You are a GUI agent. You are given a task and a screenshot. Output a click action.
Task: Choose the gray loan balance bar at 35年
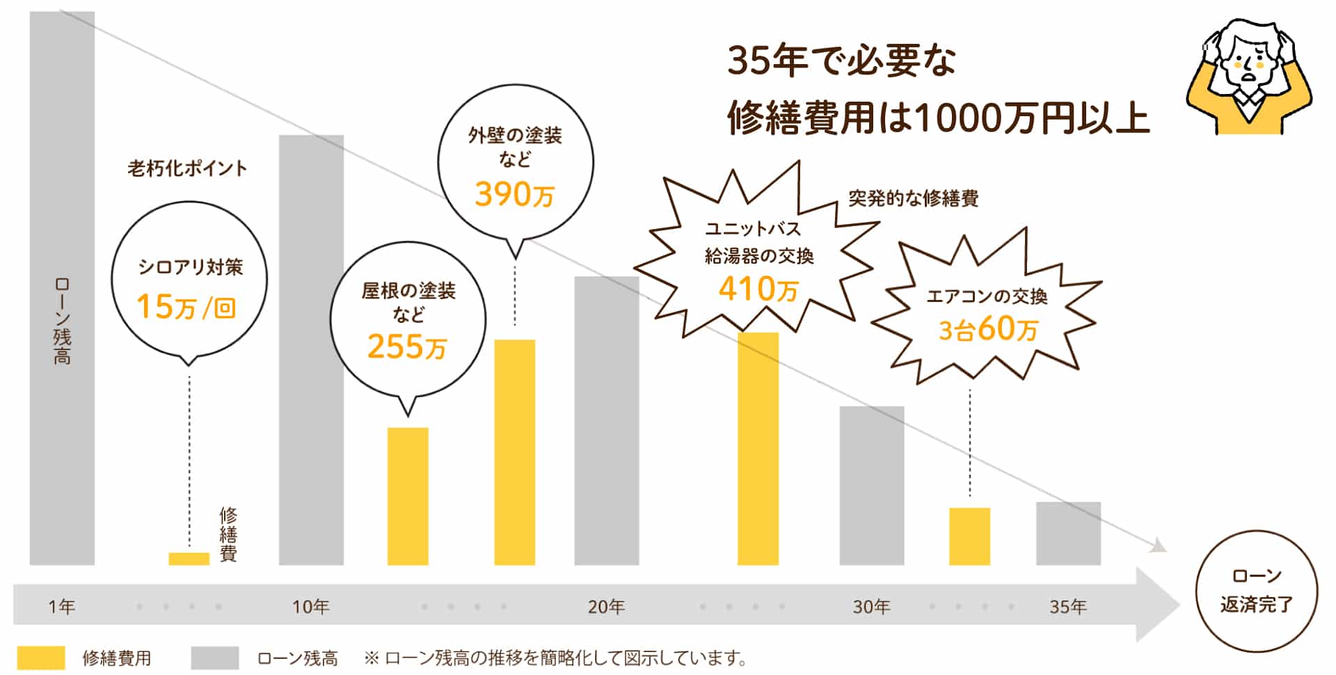(x=1068, y=533)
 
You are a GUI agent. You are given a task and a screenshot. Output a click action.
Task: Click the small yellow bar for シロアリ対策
(x=189, y=558)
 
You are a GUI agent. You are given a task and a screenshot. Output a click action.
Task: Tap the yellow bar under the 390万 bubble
(x=514, y=452)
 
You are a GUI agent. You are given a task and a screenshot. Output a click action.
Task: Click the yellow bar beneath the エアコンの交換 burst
(x=969, y=536)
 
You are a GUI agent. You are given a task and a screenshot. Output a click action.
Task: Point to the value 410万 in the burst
(x=758, y=289)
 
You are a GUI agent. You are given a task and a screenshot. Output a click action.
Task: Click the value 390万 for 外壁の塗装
(x=514, y=194)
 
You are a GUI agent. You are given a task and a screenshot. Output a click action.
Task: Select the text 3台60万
(x=987, y=329)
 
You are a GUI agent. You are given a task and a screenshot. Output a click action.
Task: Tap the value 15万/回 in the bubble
(x=186, y=307)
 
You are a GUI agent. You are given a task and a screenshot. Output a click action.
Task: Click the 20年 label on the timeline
(x=606, y=607)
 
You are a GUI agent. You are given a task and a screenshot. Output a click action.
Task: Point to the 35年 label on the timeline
(x=1068, y=607)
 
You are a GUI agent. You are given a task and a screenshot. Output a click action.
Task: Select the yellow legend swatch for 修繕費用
(x=41, y=658)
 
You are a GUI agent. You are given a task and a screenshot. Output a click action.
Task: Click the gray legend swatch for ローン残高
(x=214, y=658)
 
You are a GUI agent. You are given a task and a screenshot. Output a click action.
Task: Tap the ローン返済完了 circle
(x=1256, y=591)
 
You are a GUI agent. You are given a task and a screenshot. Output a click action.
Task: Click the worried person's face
(x=1249, y=66)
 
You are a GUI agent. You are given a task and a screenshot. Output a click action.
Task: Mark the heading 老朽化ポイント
(x=187, y=168)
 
